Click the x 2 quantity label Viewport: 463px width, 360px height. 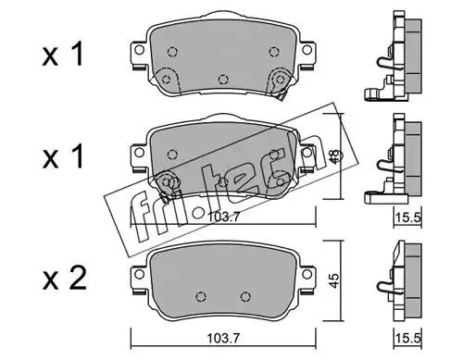pyautogui.click(x=64, y=279)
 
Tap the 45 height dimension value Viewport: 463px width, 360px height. pyautogui.click(x=334, y=280)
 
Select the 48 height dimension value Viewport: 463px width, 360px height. pyautogui.click(x=334, y=155)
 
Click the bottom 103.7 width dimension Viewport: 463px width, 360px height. pyautogui.click(x=223, y=339)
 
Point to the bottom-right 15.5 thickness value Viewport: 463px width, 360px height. pyautogui.click(x=408, y=339)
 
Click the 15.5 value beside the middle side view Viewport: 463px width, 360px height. pyautogui.click(x=408, y=217)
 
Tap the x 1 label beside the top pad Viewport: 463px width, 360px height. pyautogui.click(x=63, y=55)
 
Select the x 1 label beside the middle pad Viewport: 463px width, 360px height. pyautogui.click(x=63, y=156)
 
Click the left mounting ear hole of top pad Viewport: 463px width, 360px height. pyautogui.click(x=139, y=50)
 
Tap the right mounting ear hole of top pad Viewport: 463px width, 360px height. pyautogui.click(x=307, y=49)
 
